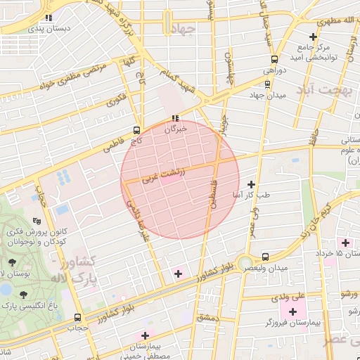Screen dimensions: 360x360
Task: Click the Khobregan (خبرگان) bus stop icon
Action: (x=175, y=118)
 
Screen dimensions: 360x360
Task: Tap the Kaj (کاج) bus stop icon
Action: (x=136, y=130)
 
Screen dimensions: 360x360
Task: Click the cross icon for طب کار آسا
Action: (x=251, y=184)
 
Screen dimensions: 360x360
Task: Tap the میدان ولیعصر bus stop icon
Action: (x=265, y=257)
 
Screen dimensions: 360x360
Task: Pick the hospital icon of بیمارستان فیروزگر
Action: (x=292, y=311)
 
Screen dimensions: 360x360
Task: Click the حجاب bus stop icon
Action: (x=77, y=317)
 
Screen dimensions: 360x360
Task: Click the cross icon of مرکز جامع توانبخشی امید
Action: (x=313, y=37)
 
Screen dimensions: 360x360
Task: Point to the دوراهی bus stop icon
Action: (x=274, y=59)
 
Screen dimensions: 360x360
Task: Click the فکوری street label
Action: (x=117, y=99)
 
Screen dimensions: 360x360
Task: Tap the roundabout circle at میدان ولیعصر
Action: (x=245, y=264)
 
